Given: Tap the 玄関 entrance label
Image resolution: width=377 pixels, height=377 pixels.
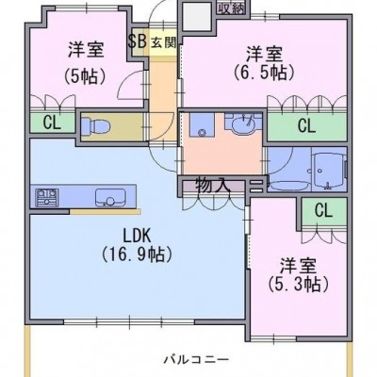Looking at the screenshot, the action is (x=164, y=42).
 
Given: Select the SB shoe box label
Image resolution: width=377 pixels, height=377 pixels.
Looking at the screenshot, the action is (x=138, y=41).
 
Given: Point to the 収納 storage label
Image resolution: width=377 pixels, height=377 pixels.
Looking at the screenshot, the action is (x=231, y=9).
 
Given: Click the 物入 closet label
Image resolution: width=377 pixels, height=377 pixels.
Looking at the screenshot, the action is (x=214, y=185).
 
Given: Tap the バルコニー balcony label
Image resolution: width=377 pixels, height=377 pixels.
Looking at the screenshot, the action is (x=196, y=359).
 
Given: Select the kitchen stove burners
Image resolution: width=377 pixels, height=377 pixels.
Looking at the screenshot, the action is (x=47, y=197).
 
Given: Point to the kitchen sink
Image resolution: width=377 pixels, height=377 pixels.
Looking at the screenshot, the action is (x=110, y=198).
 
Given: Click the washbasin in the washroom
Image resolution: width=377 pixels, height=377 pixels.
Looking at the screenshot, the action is (x=243, y=125).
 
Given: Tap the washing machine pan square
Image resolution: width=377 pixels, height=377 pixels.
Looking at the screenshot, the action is (x=202, y=124).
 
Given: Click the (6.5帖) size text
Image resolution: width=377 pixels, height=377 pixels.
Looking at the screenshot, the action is (x=264, y=73).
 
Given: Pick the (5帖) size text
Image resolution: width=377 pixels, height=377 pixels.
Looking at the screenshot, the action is (x=85, y=76).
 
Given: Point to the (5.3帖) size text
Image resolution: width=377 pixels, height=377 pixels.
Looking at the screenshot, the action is (x=298, y=284).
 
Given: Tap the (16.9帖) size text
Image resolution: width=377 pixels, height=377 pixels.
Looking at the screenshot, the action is (x=137, y=254).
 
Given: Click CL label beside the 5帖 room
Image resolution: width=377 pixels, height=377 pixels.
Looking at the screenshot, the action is (x=52, y=123).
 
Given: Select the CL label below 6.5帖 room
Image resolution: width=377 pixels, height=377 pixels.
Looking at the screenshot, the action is (x=306, y=125).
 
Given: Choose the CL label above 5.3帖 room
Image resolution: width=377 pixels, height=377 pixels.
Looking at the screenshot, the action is (x=323, y=210).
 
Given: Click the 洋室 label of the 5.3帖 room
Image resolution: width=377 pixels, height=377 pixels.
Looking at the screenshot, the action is (x=298, y=266).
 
